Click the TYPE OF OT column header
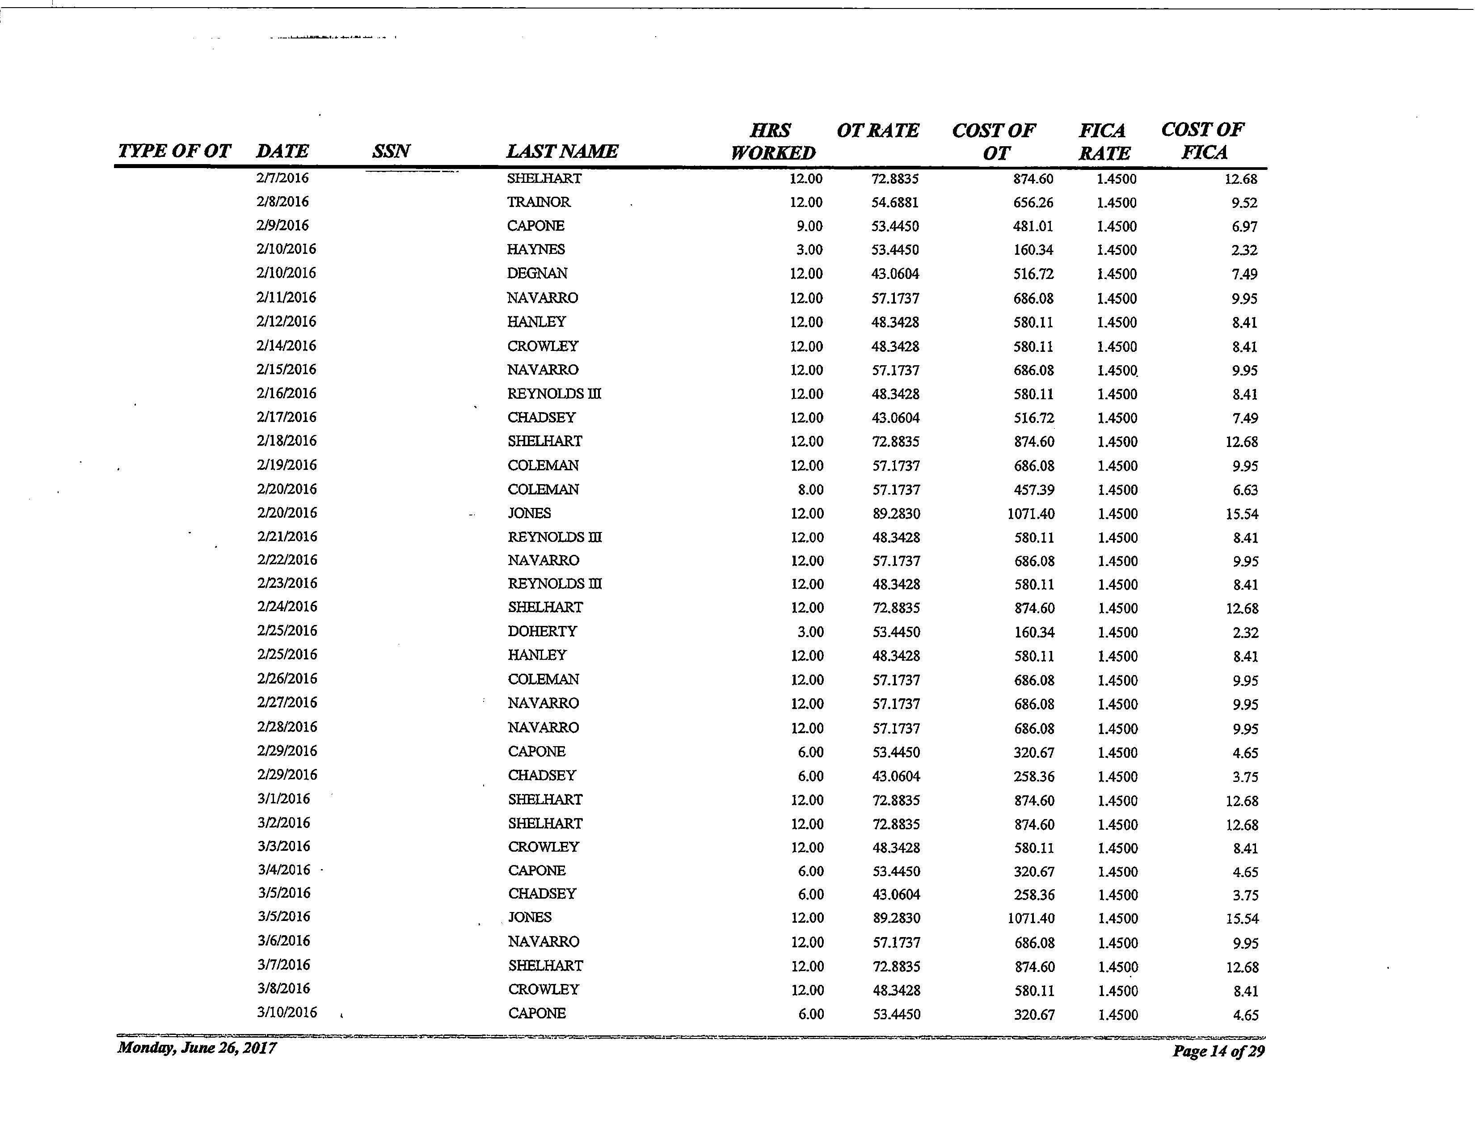click(x=174, y=151)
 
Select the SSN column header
click(x=391, y=151)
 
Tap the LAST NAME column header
click(x=562, y=151)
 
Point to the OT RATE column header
click(x=877, y=131)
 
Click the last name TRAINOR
click(x=538, y=202)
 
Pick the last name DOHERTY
click(x=542, y=631)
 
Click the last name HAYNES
click(x=535, y=249)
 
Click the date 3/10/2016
click(x=287, y=1012)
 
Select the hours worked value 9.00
click(x=809, y=226)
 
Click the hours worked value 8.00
click(x=810, y=490)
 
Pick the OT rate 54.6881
click(x=895, y=203)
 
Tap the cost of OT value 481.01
click(x=1032, y=226)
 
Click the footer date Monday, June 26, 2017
click(x=197, y=1047)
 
